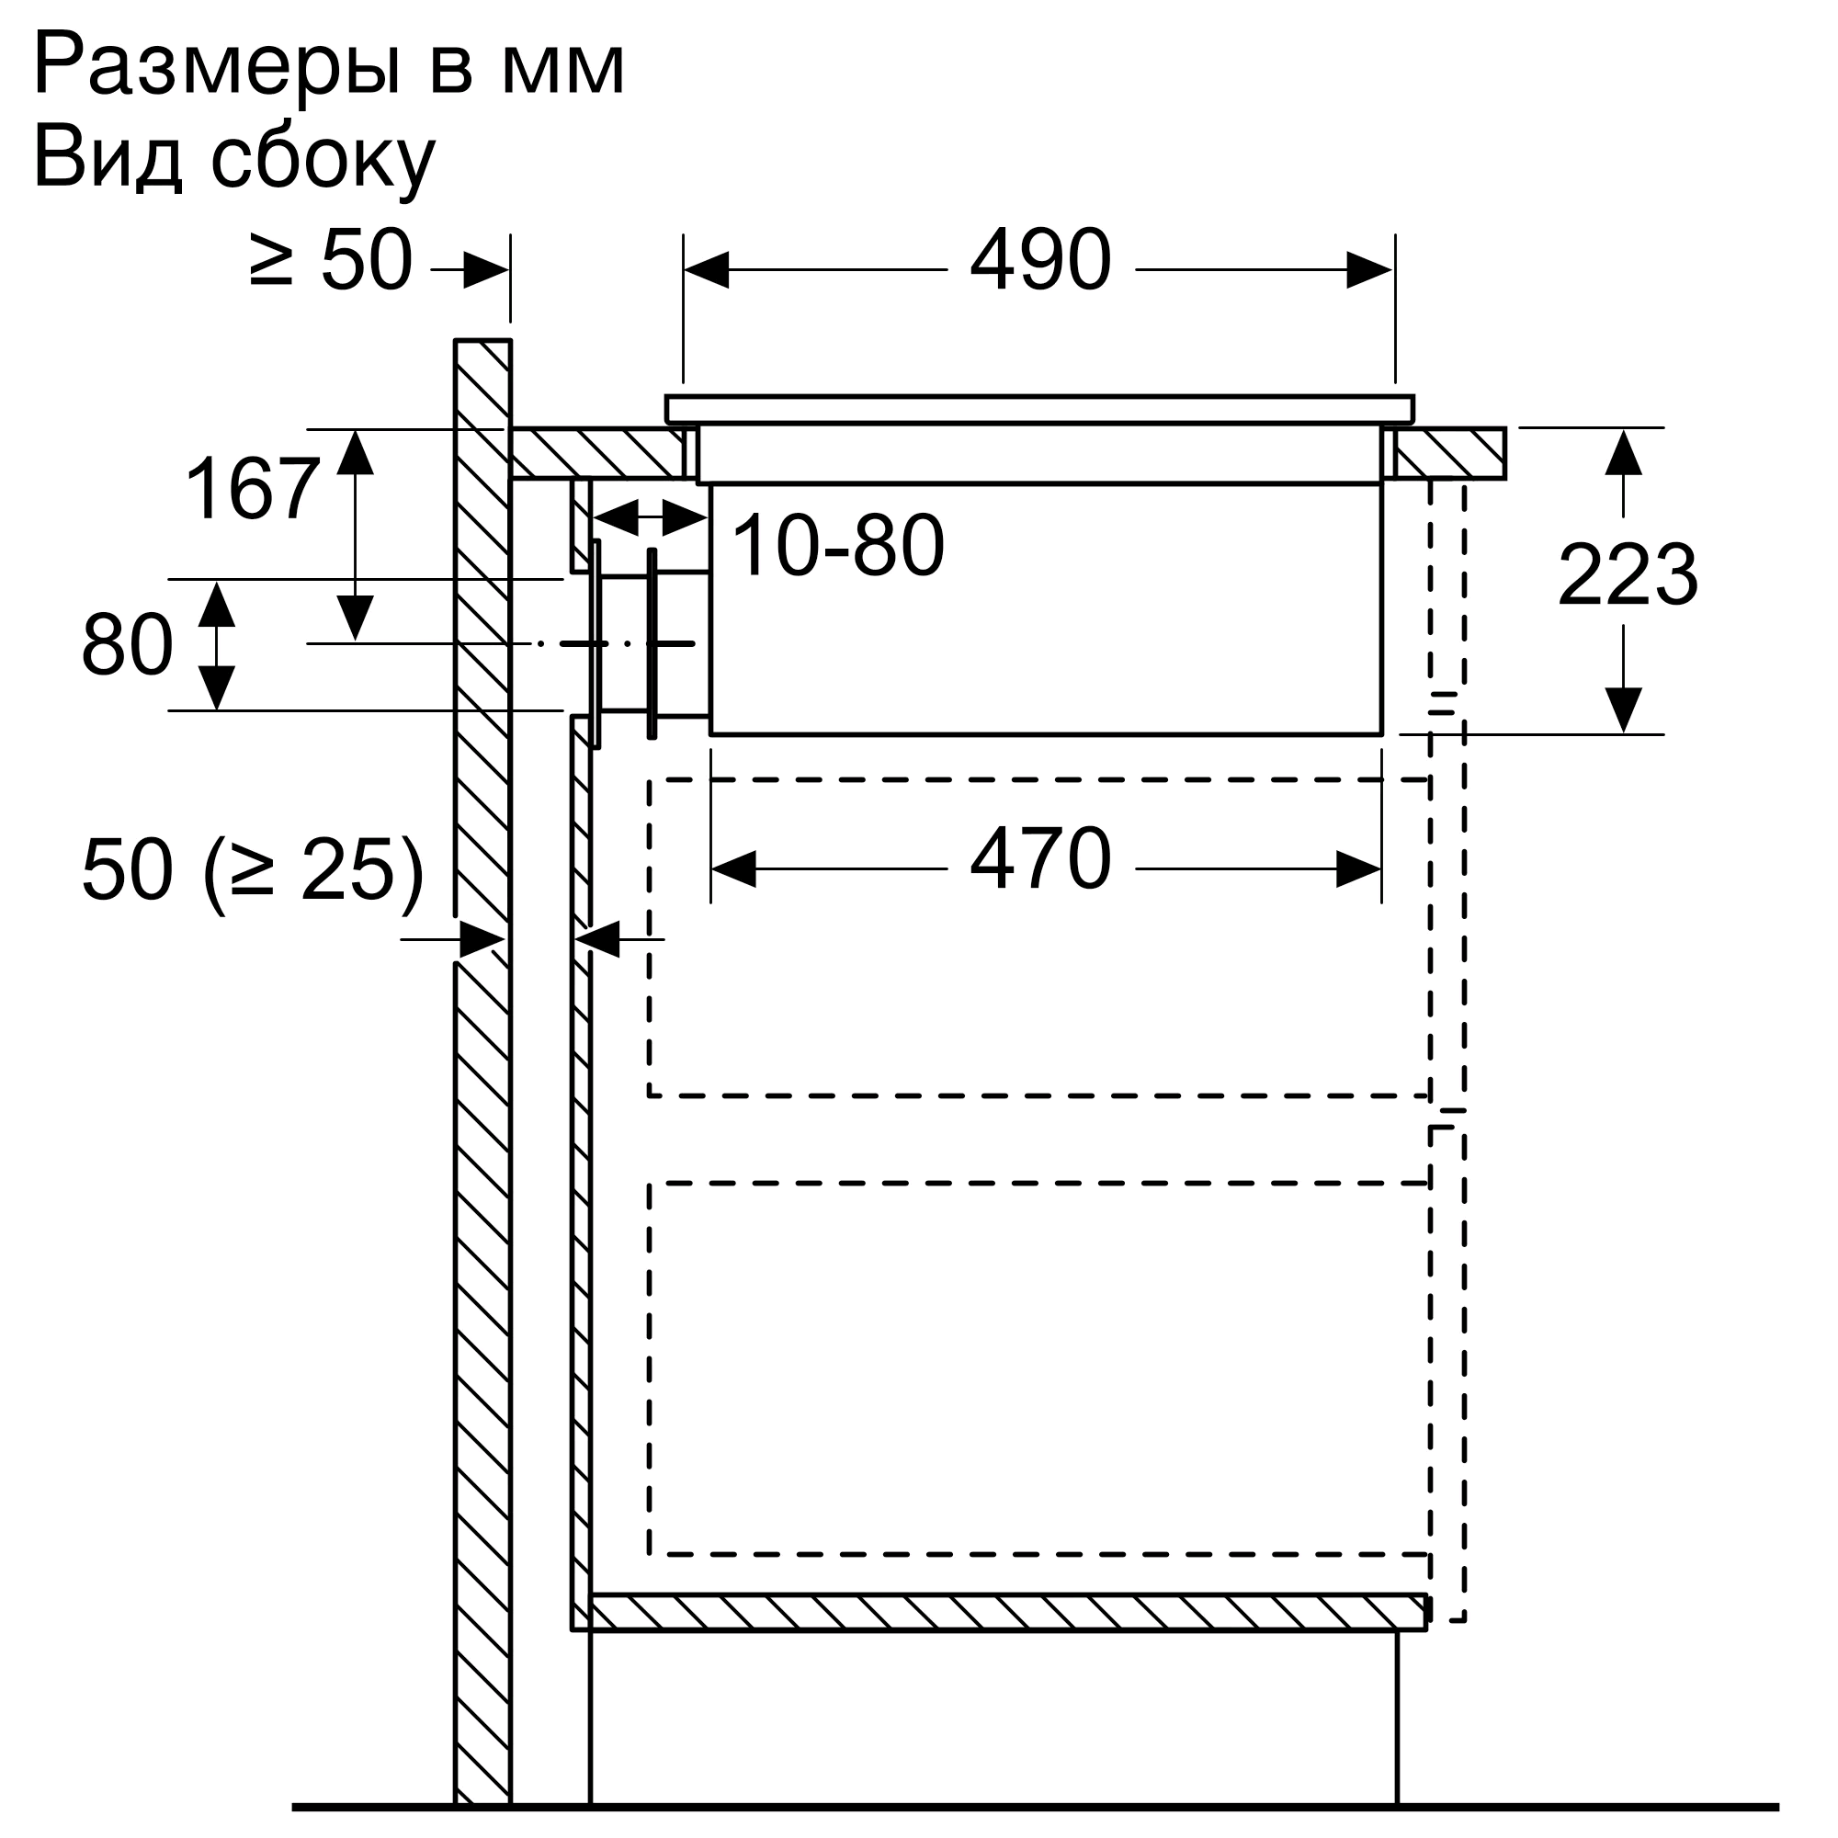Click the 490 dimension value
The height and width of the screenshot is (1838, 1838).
[x=1039, y=260]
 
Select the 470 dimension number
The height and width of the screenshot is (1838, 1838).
[x=1039, y=859]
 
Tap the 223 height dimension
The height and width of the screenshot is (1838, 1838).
[x=1627, y=574]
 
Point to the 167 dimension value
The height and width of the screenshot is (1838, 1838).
[x=252, y=490]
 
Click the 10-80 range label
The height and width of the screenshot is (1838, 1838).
[x=837, y=546]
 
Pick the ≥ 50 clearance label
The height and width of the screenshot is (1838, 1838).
[x=330, y=260]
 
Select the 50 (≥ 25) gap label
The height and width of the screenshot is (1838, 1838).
[x=252, y=870]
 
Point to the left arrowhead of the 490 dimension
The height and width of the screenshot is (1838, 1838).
[x=706, y=270]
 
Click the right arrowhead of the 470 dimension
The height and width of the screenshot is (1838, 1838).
[x=1358, y=869]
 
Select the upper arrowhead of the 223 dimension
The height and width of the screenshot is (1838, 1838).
[x=1623, y=453]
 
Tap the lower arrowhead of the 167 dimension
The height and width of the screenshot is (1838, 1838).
[x=355, y=618]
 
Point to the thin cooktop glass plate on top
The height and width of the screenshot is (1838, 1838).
[x=1038, y=409]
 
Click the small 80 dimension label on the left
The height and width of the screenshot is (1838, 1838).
[x=128, y=646]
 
